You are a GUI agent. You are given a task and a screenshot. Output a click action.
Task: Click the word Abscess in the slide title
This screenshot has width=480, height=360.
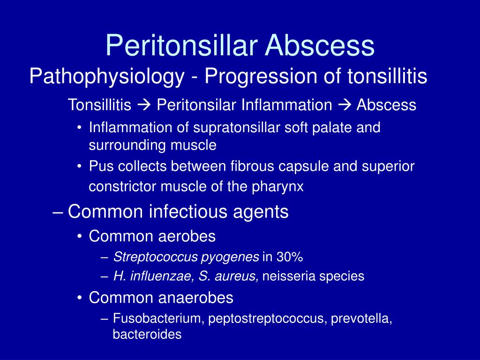pyautogui.click(x=320, y=45)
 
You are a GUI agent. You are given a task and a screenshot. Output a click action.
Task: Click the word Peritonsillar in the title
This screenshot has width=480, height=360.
pyautogui.click(x=181, y=45)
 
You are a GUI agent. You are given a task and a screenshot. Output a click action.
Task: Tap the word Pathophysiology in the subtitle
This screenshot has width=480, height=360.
pyautogui.click(x=107, y=76)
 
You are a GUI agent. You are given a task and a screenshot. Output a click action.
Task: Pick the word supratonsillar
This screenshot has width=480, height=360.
pyautogui.click(x=236, y=127)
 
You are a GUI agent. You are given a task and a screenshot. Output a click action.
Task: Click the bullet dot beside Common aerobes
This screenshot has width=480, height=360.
pyautogui.click(x=80, y=237)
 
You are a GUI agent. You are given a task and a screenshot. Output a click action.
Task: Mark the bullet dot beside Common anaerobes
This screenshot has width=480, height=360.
pyautogui.click(x=80, y=298)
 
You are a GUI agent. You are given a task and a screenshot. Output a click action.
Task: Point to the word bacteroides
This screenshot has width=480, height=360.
pyautogui.click(x=147, y=334)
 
